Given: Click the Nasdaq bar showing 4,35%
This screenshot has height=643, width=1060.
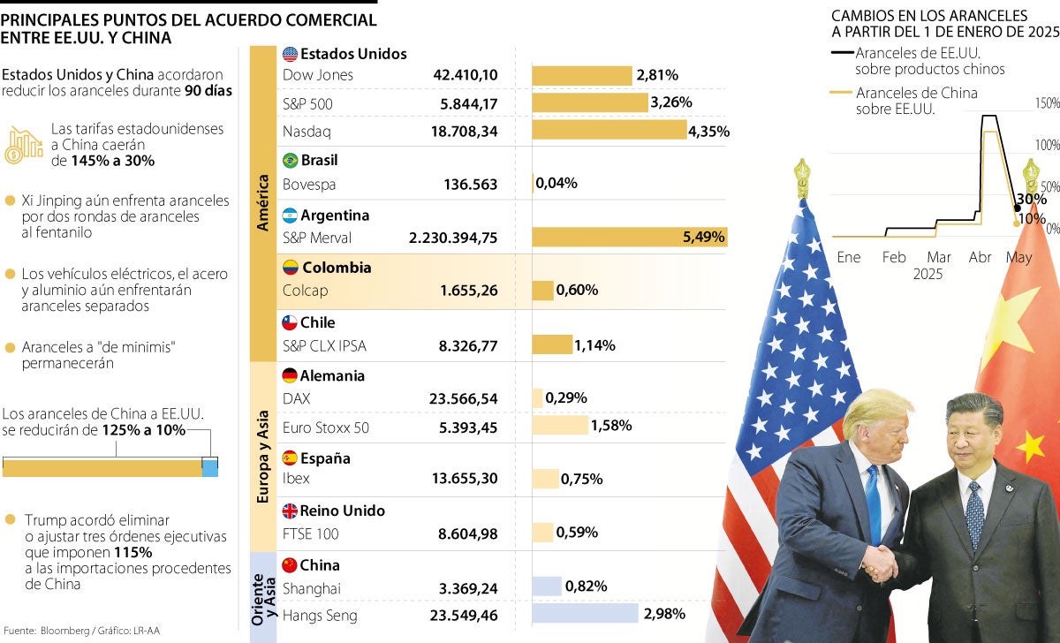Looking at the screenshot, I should (609, 131).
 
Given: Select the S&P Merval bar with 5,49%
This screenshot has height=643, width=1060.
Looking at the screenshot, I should (629, 237).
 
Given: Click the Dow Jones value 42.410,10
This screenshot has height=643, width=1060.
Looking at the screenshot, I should (465, 75).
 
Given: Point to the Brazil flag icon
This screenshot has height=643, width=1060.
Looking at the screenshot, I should (290, 160).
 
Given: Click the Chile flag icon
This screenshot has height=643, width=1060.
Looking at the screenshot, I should (289, 322).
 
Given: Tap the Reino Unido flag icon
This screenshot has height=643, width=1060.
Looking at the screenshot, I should (289, 511).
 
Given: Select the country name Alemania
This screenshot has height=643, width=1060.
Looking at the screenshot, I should (332, 375).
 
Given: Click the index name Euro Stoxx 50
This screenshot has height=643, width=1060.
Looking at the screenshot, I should (325, 427).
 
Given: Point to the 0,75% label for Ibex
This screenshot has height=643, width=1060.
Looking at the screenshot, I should (582, 479).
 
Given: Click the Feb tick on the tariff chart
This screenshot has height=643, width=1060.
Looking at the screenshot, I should (894, 257).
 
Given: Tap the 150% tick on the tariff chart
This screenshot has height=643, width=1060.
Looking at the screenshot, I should (1047, 104).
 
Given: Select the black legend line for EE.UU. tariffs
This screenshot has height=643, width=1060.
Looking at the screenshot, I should (841, 53).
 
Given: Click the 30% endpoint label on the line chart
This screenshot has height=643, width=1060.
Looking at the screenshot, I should (1030, 199).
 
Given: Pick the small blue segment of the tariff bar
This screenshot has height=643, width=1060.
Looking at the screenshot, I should (209, 467).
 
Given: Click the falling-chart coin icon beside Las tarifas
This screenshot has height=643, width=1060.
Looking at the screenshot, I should (24, 144).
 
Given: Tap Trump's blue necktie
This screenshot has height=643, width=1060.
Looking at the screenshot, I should (874, 503).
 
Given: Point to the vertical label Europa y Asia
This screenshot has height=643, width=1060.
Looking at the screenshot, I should (262, 456).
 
